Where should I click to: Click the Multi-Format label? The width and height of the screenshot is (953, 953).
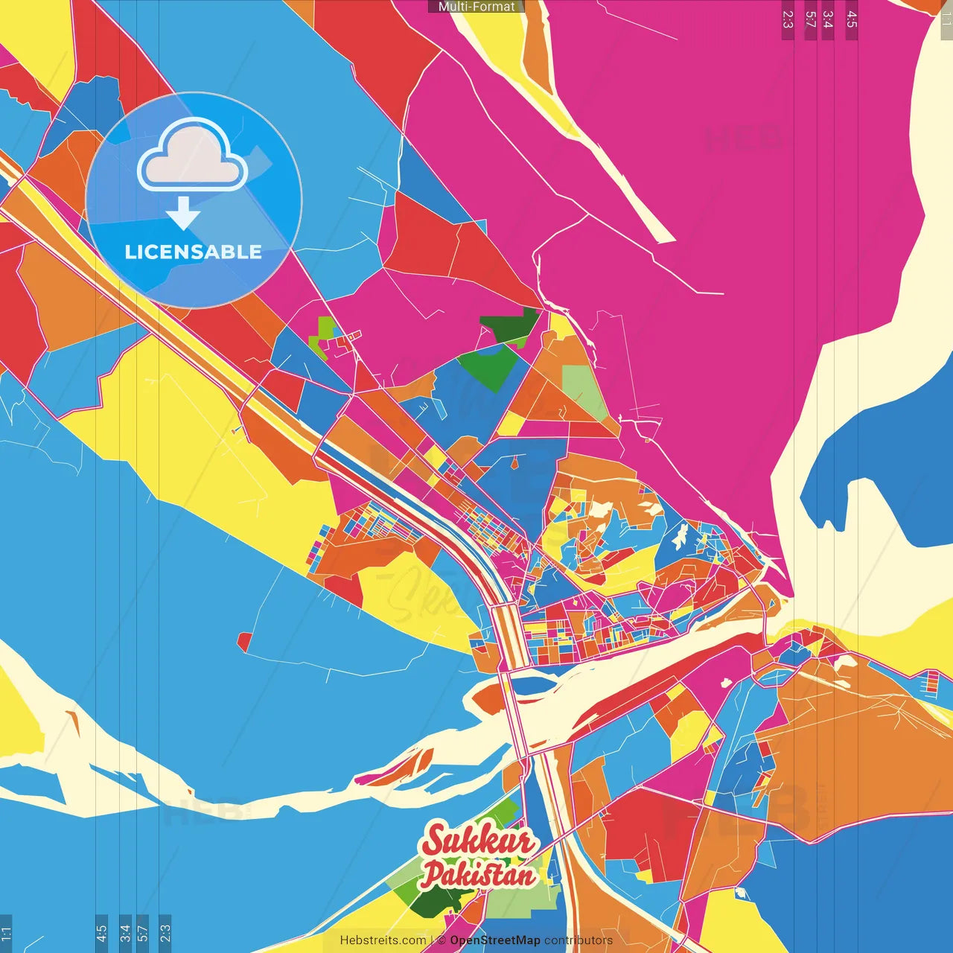tap(476, 7)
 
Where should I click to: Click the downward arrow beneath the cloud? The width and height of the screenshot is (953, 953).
tap(183, 213)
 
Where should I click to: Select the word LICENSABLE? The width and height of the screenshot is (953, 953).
tap(193, 252)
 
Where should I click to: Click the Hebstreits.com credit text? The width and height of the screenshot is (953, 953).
tap(383, 940)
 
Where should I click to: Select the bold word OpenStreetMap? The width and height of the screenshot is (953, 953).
tap(495, 940)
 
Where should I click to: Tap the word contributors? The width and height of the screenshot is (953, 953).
tap(579, 940)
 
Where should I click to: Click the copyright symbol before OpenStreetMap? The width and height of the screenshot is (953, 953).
tap(442, 940)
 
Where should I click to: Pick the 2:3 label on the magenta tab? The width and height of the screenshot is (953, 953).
tap(788, 19)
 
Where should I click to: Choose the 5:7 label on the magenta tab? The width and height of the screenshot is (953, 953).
tap(810, 19)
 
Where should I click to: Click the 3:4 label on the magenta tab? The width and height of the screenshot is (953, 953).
tap(827, 19)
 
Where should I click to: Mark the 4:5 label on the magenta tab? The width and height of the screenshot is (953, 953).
tap(851, 19)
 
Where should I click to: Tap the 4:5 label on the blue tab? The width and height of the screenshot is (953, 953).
tap(101, 933)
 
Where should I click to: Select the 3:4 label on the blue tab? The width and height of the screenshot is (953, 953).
tap(125, 933)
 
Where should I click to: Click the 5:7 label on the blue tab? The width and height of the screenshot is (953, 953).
tap(143, 933)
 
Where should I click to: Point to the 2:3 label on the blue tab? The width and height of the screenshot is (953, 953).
tap(165, 933)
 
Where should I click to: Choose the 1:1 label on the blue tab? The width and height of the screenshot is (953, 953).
tap(6, 934)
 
